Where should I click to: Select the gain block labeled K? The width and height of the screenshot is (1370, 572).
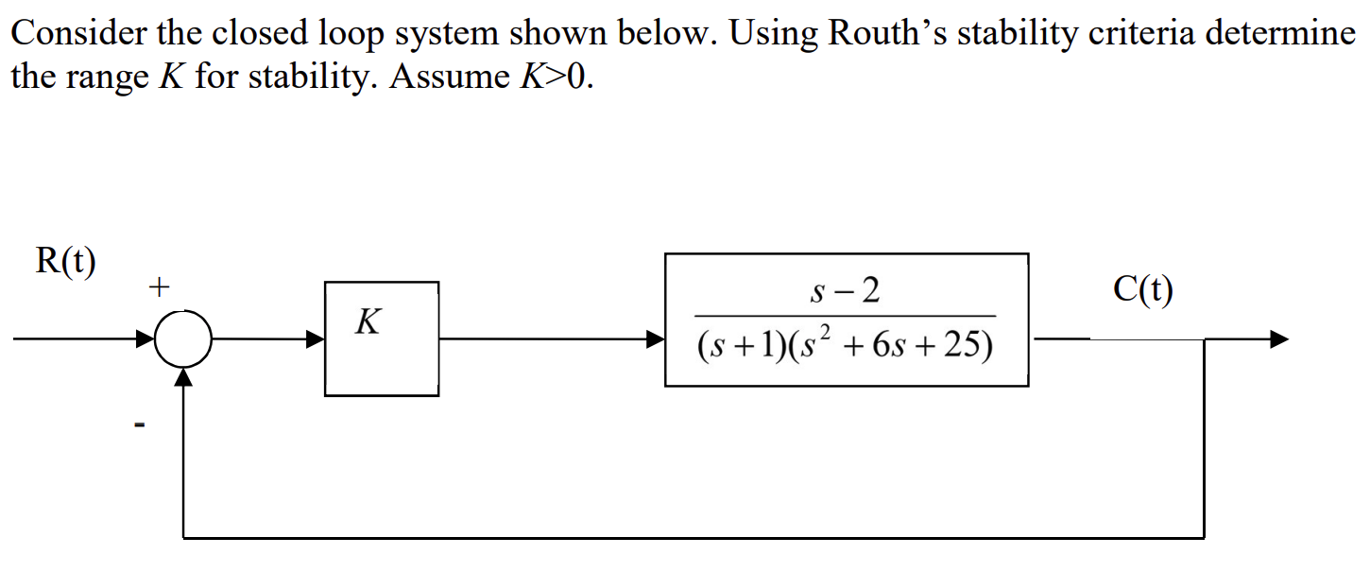coord(381,338)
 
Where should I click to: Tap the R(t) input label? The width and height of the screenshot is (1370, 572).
coord(65,262)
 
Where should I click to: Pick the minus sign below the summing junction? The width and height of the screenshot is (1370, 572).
coord(139,427)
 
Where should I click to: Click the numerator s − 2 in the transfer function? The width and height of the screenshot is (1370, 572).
coord(846,291)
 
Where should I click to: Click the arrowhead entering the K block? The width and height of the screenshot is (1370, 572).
coord(316,338)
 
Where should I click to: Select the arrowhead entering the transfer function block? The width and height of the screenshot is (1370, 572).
coord(655,338)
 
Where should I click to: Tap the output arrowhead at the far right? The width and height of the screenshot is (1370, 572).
coord(1278,338)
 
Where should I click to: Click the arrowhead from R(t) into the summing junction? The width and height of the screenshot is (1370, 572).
coord(147,338)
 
